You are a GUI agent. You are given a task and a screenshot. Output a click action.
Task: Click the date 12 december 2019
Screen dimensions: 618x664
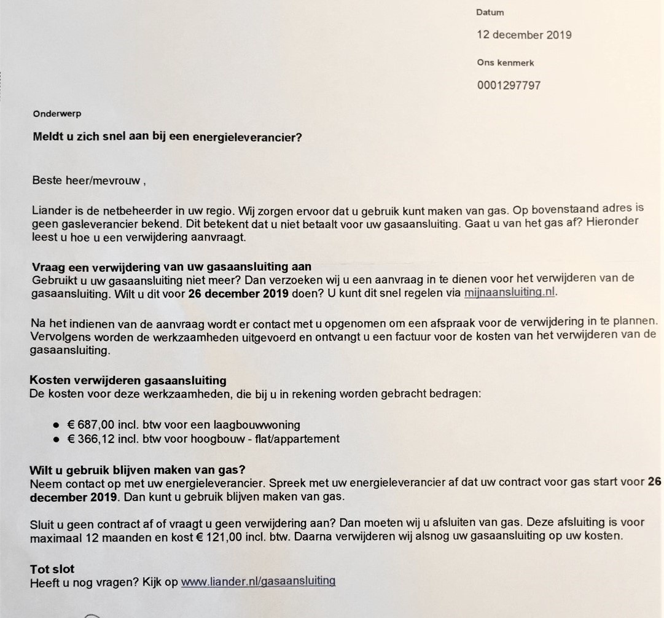[524, 35]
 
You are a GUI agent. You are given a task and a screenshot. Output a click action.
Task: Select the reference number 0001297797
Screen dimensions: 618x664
[509, 85]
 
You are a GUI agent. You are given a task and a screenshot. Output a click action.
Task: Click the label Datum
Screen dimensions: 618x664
[490, 12]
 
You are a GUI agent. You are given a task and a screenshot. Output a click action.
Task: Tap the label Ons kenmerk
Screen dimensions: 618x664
[506, 63]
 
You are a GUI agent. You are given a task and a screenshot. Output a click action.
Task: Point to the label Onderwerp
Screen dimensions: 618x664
[57, 114]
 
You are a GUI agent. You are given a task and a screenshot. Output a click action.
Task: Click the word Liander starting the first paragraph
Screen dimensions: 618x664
[50, 211]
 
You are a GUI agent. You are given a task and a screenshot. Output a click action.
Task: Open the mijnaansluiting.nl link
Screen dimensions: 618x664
[510, 292]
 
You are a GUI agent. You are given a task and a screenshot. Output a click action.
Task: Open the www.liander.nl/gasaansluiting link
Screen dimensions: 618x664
[258, 581]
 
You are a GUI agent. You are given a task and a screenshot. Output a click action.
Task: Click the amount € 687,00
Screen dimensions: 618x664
[91, 424]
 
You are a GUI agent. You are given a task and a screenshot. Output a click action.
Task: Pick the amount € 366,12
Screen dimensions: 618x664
[91, 439]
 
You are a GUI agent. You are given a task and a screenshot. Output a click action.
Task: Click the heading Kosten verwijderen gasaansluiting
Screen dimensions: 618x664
[128, 381]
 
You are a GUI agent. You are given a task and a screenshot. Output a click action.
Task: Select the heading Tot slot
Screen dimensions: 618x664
[52, 569]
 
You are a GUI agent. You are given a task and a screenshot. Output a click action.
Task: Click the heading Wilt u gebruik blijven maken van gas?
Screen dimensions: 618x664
[138, 471]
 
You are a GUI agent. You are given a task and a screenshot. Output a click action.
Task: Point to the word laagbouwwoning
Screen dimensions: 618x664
[264, 424]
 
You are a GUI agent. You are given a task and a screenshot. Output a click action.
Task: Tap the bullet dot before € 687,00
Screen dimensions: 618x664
[56, 424]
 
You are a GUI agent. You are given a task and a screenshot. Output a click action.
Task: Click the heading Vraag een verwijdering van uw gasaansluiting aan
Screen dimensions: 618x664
[171, 267]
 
